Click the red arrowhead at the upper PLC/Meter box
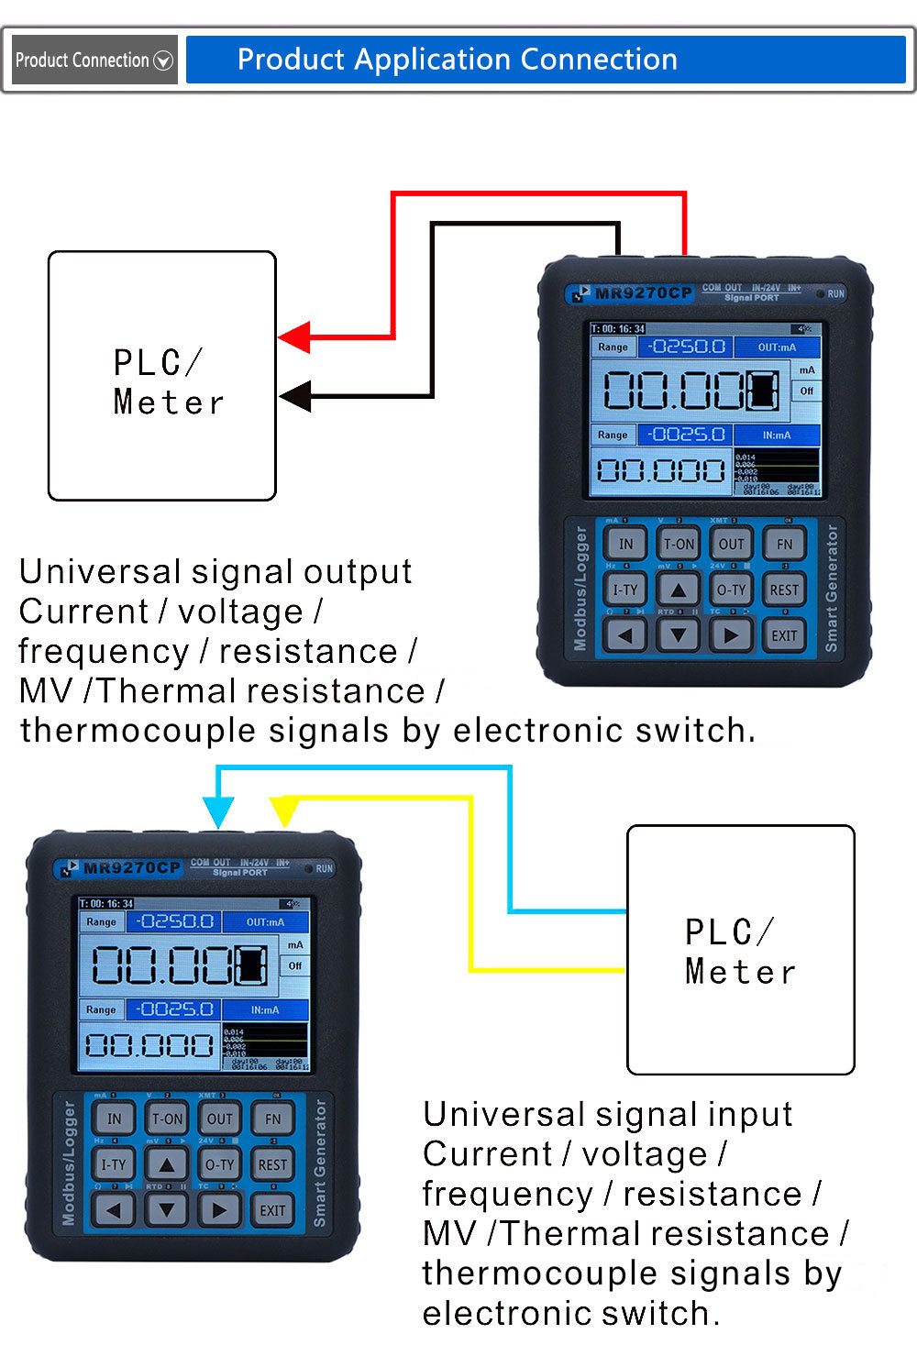point(294,338)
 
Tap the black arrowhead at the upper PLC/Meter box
point(295,397)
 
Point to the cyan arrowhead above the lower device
point(218,812)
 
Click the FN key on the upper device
point(784,544)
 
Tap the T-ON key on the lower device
point(167,1119)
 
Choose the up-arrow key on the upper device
point(679,590)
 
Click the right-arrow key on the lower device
point(219,1210)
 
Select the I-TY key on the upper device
point(625,590)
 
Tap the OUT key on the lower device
point(220,1119)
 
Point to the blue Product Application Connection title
point(457,61)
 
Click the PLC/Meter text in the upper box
point(169,382)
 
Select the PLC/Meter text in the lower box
point(740,952)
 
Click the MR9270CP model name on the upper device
point(643,293)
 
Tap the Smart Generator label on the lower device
point(320,1163)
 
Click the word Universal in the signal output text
point(100,572)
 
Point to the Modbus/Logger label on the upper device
point(580,588)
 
